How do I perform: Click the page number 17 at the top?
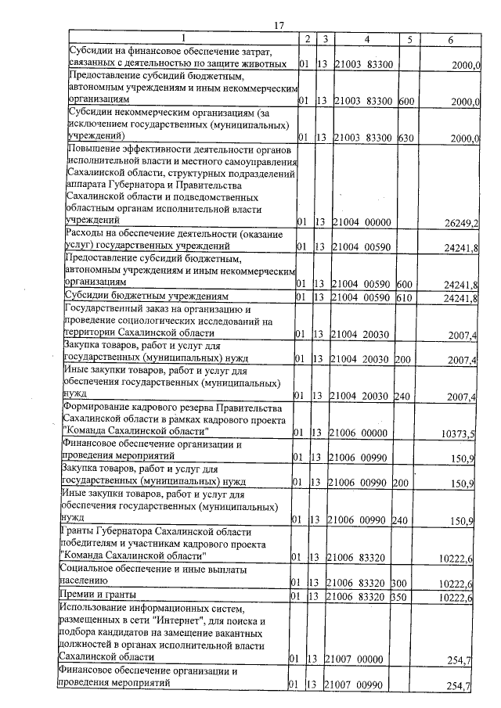coord(278,26)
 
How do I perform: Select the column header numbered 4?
coord(366,38)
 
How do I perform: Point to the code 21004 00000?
coord(362,223)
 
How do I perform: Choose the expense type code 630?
coord(405,138)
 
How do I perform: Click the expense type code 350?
coord(401,598)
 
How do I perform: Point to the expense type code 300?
coord(401,583)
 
